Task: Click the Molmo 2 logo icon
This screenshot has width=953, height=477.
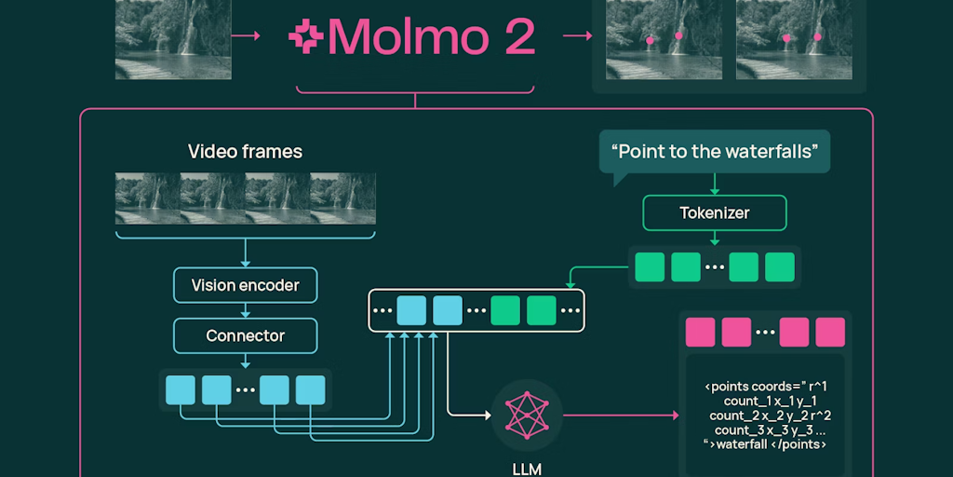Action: pyautogui.click(x=305, y=36)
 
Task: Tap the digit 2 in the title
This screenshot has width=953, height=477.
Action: pyautogui.click(x=517, y=36)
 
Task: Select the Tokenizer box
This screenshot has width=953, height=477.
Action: pyautogui.click(x=714, y=213)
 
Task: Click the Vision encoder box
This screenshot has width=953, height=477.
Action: pyautogui.click(x=245, y=285)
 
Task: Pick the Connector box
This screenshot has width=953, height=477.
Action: pyautogui.click(x=245, y=335)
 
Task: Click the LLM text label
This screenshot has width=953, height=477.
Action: pyautogui.click(x=526, y=468)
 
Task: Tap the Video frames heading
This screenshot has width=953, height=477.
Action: pyautogui.click(x=245, y=151)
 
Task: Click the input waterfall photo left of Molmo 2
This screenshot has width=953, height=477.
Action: pyautogui.click(x=173, y=38)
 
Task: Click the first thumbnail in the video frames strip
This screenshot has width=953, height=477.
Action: pyautogui.click(x=147, y=198)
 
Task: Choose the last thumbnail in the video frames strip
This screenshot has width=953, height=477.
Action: pyautogui.click(x=343, y=198)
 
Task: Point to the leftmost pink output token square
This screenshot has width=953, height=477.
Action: pyautogui.click(x=700, y=333)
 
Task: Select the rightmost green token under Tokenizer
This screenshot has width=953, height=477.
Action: pyautogui.click(x=779, y=266)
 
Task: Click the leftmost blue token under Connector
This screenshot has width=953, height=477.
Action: pyautogui.click(x=180, y=389)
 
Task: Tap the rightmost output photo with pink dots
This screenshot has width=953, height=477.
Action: pyautogui.click(x=793, y=38)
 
